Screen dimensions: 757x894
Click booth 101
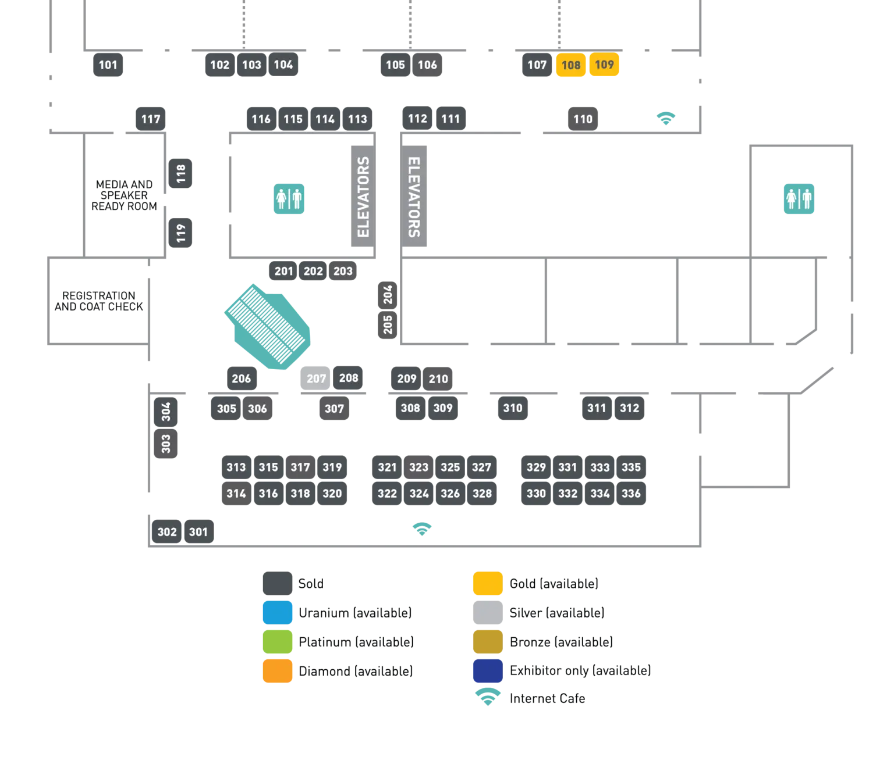pos(108,65)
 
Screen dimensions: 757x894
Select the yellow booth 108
pos(570,65)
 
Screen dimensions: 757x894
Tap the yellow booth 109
pos(604,65)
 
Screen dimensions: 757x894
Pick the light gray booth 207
pos(315,379)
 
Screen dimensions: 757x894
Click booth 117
pos(151,119)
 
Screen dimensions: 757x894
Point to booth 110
pos(583,119)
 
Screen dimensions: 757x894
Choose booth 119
pos(181,233)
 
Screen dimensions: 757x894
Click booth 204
pos(388,294)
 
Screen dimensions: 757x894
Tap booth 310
pos(513,408)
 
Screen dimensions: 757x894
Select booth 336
pos(631,494)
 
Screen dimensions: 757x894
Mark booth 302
pos(167,532)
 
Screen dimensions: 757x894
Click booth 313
pos(236,467)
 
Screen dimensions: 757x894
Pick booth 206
pos(241,379)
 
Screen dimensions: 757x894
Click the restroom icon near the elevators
pos(289,199)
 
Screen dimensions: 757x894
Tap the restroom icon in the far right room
pos(799,199)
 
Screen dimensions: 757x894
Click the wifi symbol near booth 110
pos(668,118)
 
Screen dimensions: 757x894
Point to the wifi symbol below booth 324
pos(421,530)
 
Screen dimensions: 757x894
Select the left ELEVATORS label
pos(363,197)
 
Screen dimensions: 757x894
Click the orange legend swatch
pos(277,671)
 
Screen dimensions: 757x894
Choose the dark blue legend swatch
pos(487,671)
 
